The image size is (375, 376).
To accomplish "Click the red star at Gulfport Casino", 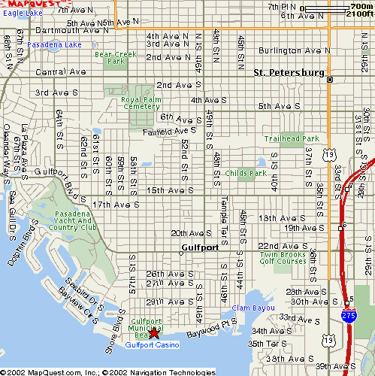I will tap(154, 332).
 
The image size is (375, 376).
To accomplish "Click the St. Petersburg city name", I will tap(289, 73).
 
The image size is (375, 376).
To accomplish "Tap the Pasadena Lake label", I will tap(53, 44).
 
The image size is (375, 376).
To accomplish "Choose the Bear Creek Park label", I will tap(110, 57).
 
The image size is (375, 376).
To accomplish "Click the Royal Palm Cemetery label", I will tap(141, 102).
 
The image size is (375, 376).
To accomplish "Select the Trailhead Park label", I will tap(292, 138).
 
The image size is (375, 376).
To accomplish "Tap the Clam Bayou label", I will tap(249, 308).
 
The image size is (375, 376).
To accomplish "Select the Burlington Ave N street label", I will tap(294, 50).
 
